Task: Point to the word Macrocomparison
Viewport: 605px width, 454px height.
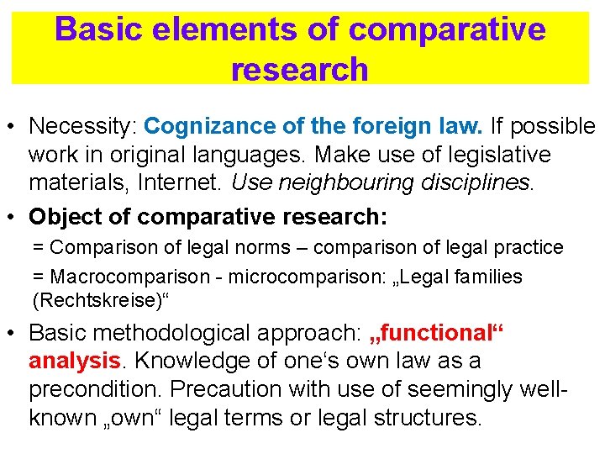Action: pyautogui.click(x=124, y=276)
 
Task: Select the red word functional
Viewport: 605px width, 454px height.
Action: pyautogui.click(x=437, y=334)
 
